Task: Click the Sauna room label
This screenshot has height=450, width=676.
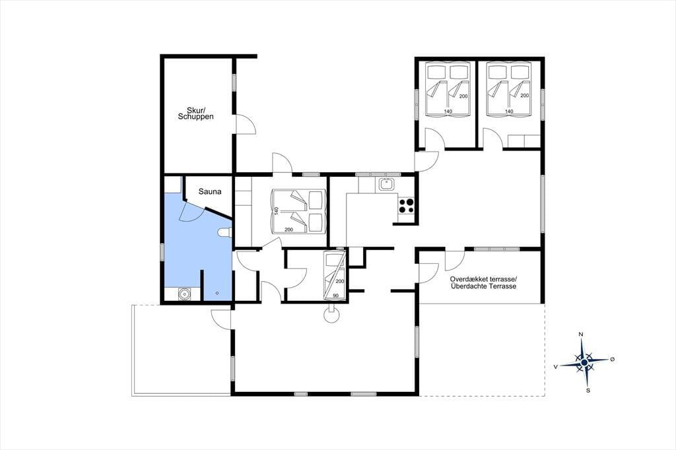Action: pos(210,191)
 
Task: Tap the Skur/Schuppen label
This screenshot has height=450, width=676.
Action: pos(195,113)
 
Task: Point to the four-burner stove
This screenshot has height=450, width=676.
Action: pos(406,206)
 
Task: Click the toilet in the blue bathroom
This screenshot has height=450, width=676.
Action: pos(225,233)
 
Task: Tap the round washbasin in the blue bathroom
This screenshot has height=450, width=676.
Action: pos(184,294)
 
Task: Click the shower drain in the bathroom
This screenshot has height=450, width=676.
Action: pos(217,293)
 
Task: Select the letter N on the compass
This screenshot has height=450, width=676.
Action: pos(581,335)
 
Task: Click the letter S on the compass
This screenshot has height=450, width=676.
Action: pos(588,391)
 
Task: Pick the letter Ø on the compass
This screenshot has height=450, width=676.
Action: pos(612,359)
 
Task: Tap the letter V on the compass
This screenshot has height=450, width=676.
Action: pos(556,366)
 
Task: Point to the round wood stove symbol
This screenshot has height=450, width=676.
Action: pos(332,315)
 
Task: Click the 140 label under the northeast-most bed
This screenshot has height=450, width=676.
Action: pos(509,112)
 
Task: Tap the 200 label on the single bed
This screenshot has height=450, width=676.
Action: pos(340,281)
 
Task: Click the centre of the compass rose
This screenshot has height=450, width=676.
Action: pos(584,363)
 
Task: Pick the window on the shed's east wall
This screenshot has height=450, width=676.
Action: pos(234,82)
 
